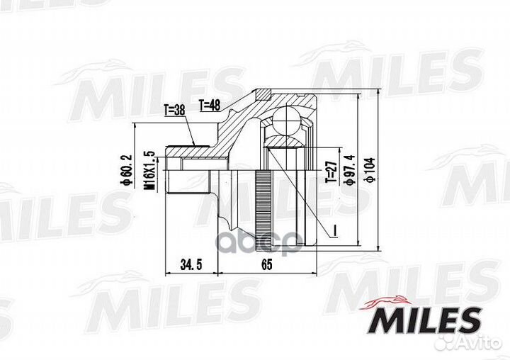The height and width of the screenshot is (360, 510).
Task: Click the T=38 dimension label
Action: point(174,111)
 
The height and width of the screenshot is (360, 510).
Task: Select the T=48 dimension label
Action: point(210,105)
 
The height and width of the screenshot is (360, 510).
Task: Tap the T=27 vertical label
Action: point(330,170)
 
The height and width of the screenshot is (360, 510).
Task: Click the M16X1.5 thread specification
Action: point(149,171)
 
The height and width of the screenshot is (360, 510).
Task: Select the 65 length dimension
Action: point(266,265)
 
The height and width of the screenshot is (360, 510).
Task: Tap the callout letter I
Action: point(330,228)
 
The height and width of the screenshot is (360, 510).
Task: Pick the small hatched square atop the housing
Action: point(263,94)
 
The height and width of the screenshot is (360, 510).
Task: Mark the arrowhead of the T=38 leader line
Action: point(195,144)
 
